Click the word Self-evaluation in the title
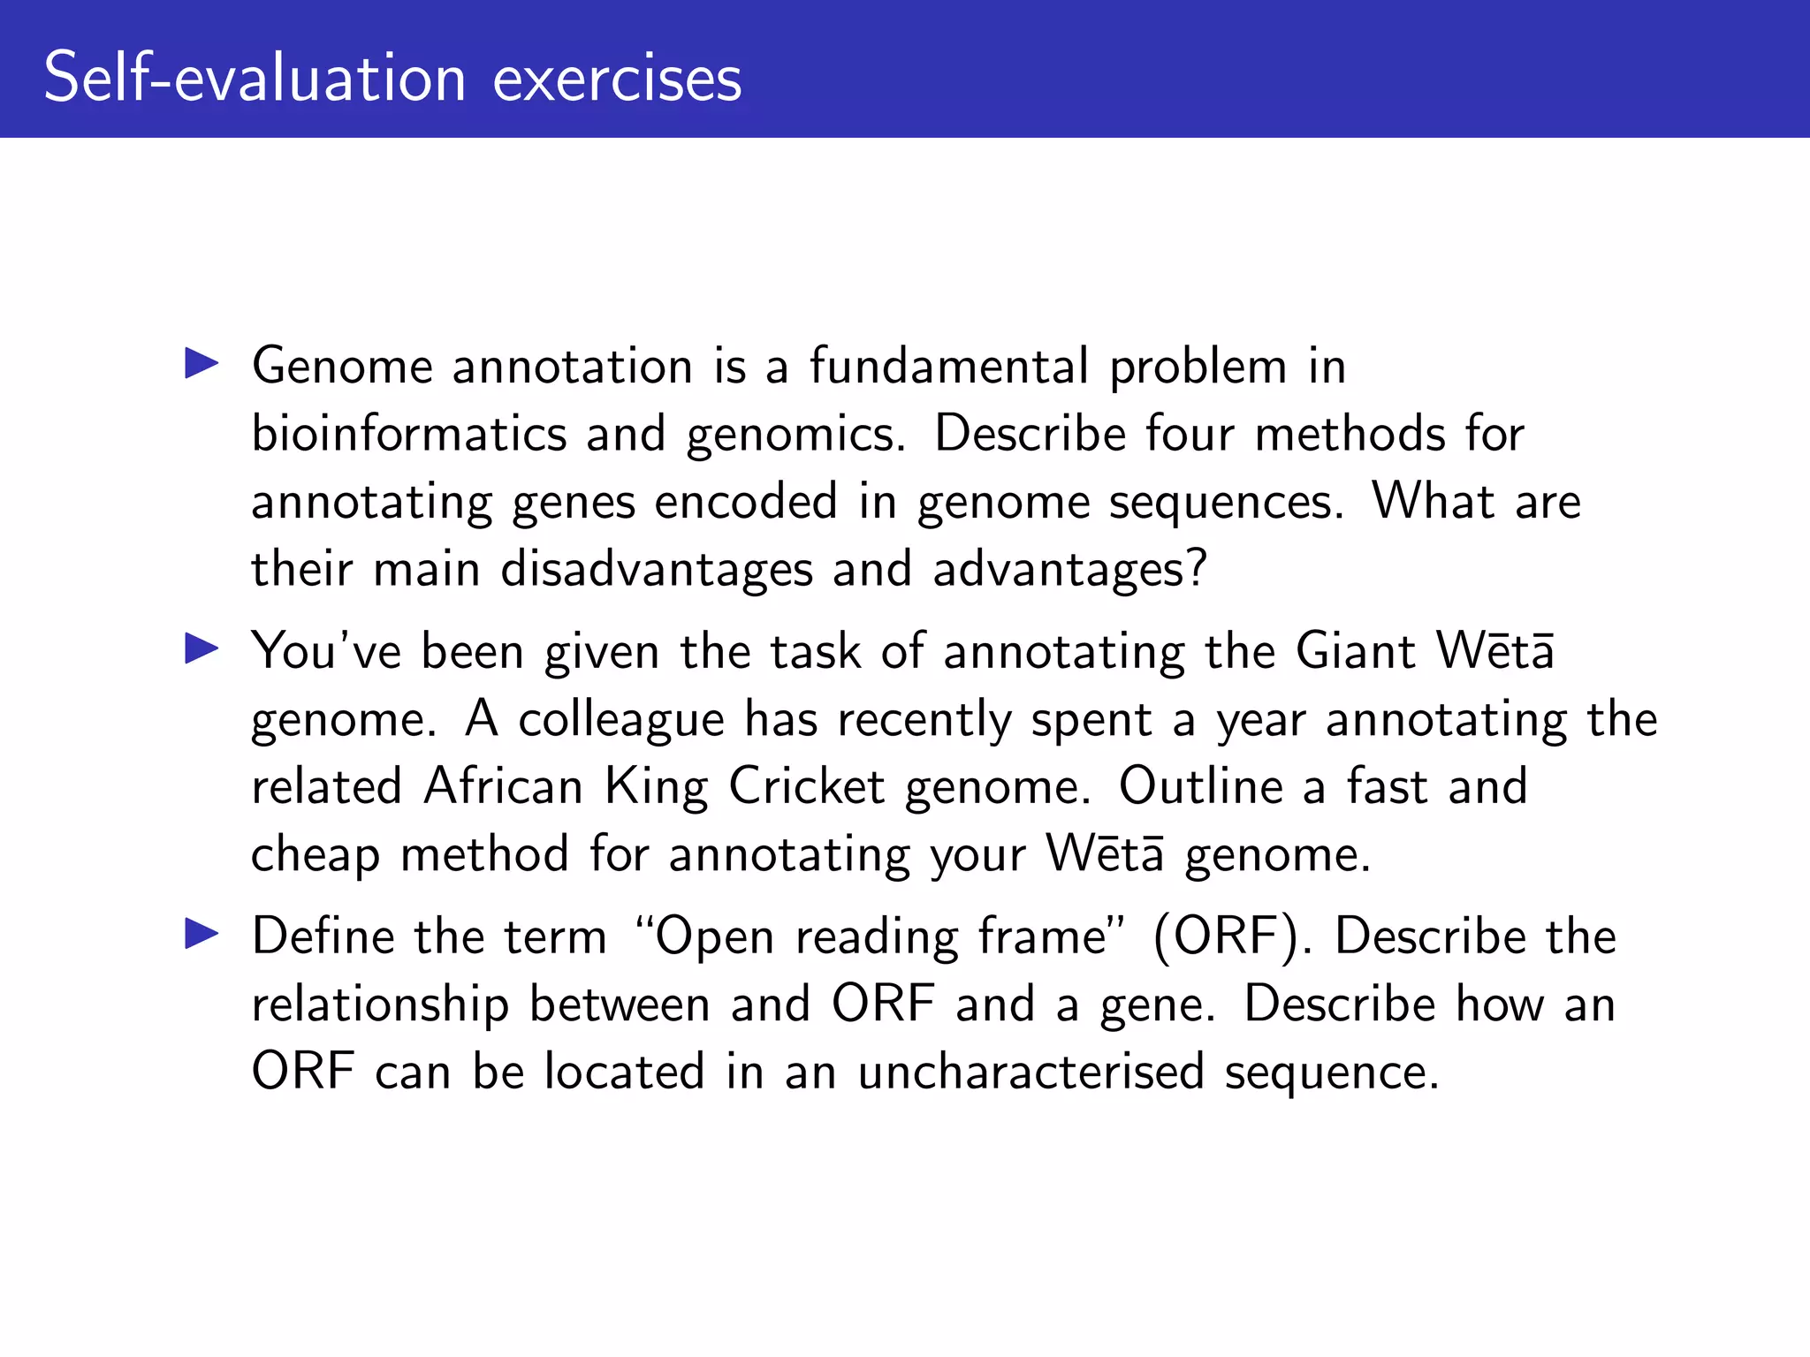(x=255, y=78)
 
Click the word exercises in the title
(x=617, y=80)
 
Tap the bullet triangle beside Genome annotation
(x=202, y=364)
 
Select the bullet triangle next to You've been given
(x=202, y=649)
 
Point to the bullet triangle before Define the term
(x=202, y=935)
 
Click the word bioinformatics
(x=409, y=434)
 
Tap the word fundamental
(x=948, y=366)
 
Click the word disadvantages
(x=656, y=569)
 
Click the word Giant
(x=1356, y=651)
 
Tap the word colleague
(x=621, y=721)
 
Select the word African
(x=503, y=786)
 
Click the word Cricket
(x=806, y=786)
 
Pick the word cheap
(x=316, y=855)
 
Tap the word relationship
(x=380, y=1005)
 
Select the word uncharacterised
(x=1030, y=1072)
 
